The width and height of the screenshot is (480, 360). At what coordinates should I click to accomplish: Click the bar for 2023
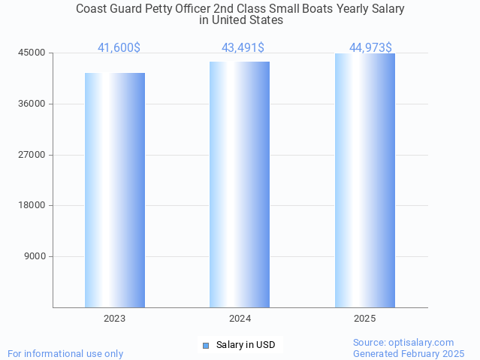(x=115, y=190)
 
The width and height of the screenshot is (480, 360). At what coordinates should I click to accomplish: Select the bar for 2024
(x=240, y=184)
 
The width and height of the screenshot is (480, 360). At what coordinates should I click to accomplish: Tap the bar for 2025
(x=364, y=180)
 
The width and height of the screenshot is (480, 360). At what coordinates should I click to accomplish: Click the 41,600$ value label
(x=119, y=48)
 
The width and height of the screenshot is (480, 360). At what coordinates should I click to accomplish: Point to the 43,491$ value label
(x=243, y=48)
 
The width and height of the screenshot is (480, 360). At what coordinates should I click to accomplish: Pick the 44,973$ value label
(x=370, y=48)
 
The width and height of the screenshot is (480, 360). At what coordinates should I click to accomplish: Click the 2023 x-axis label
(x=115, y=319)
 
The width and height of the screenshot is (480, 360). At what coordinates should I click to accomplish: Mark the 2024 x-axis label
(x=240, y=319)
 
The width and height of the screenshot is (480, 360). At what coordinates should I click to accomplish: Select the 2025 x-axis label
(x=364, y=319)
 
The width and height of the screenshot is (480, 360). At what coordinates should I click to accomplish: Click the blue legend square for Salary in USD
(x=206, y=345)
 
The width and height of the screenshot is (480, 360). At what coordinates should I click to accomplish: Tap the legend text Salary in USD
(x=246, y=345)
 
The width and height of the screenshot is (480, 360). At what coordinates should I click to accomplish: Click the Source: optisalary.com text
(x=403, y=342)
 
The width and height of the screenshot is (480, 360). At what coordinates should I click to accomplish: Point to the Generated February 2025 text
(x=409, y=353)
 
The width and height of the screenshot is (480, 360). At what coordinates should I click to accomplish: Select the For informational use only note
(x=65, y=353)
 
